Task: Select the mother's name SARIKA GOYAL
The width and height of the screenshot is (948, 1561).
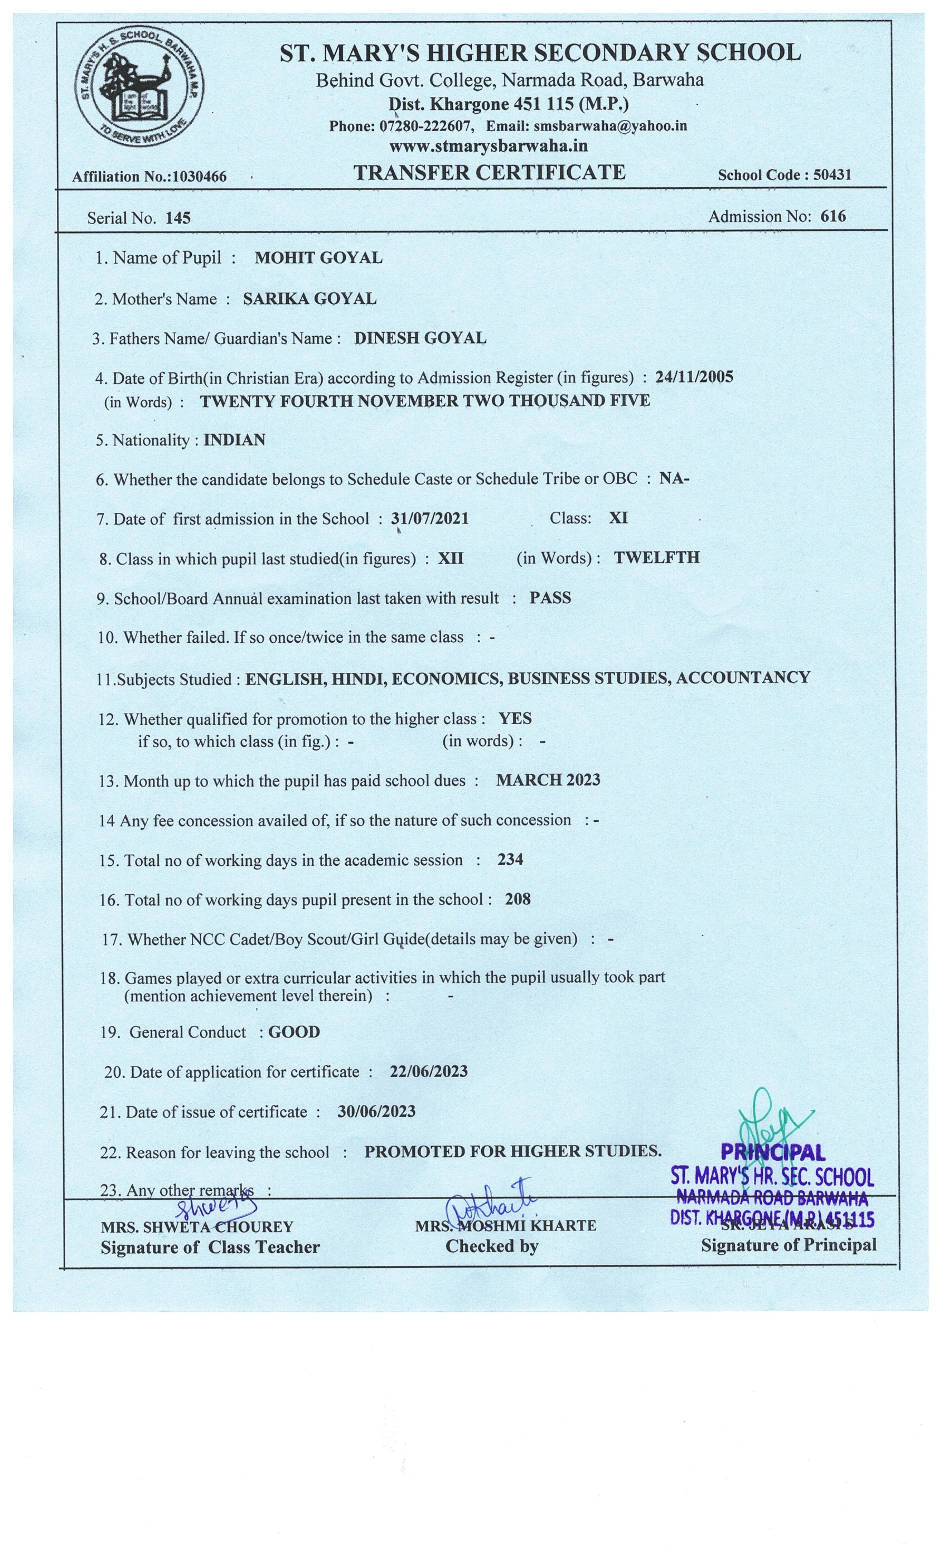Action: [309, 298]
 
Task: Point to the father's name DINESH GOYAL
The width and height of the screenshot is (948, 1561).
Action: [420, 338]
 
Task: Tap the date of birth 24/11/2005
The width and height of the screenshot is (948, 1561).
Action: [694, 377]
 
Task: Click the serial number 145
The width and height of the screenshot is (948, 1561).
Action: [178, 218]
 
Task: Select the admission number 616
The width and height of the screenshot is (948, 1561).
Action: [833, 216]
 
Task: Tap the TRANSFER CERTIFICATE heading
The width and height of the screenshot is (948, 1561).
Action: [489, 172]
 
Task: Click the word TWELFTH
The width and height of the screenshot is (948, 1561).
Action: [656, 557]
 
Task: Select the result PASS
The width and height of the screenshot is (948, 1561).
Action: [550, 598]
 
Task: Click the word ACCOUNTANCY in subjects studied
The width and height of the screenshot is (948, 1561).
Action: [743, 677]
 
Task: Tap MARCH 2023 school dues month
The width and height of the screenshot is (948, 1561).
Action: [548, 780]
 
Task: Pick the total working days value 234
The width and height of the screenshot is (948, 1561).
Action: [510, 860]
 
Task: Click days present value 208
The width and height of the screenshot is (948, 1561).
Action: [517, 899]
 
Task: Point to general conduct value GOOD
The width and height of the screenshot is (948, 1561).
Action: [294, 1032]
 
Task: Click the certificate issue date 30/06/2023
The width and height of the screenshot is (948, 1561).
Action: [376, 1111]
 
